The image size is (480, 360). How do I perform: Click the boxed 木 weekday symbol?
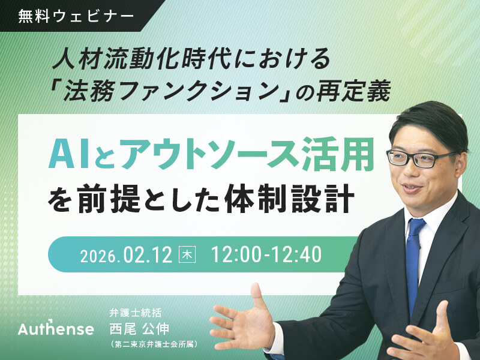188,254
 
